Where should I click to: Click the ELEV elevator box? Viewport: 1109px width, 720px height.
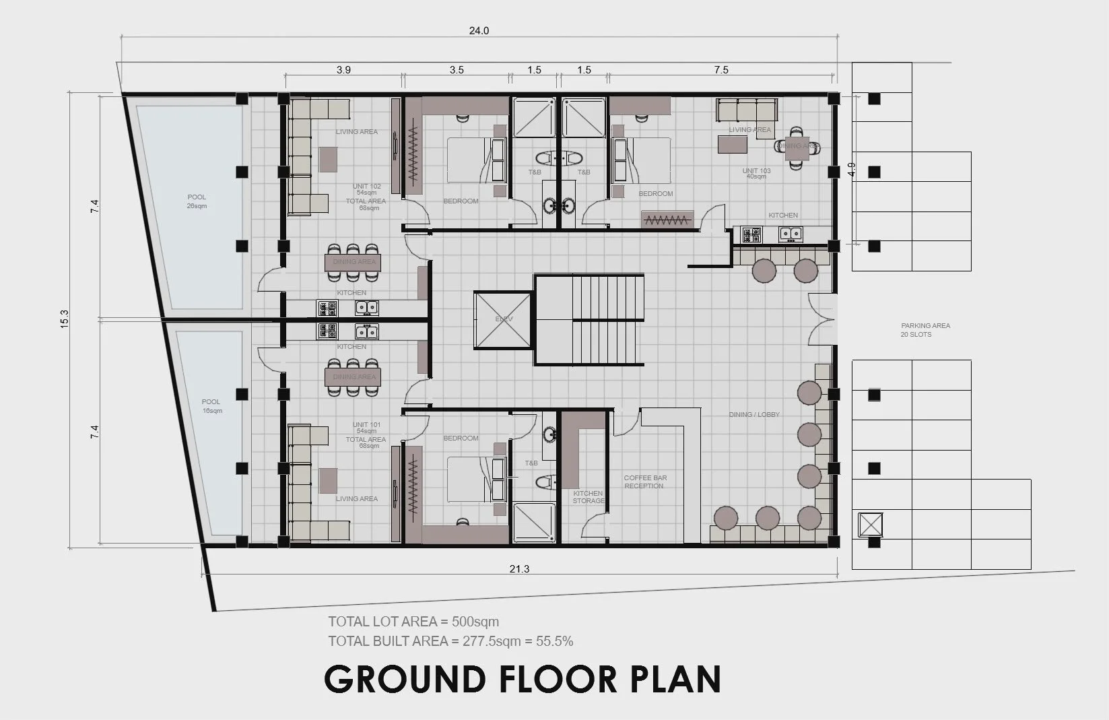(x=504, y=319)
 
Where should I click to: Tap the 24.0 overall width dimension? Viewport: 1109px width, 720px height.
(x=479, y=31)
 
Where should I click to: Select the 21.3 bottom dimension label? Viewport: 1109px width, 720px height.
(x=519, y=569)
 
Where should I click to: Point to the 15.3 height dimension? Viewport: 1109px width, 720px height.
(x=65, y=319)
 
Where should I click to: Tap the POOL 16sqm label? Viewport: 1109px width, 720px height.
(x=211, y=406)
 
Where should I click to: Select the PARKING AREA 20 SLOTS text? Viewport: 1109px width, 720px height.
(x=925, y=330)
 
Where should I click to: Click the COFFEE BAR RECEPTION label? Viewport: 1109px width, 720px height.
(x=645, y=482)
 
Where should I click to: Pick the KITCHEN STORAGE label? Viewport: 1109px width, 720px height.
(x=589, y=497)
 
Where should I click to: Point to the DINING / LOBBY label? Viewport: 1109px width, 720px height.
(x=754, y=414)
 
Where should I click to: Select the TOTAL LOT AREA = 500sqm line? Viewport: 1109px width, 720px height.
(x=413, y=622)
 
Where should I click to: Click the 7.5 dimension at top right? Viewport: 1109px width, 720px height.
(x=721, y=69)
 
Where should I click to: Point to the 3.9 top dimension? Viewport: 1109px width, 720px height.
(x=343, y=69)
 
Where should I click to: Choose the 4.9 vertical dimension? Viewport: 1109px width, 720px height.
(x=852, y=170)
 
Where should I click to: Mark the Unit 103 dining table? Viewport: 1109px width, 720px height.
(x=797, y=145)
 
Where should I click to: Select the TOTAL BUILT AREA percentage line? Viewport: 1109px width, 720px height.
(x=450, y=641)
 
